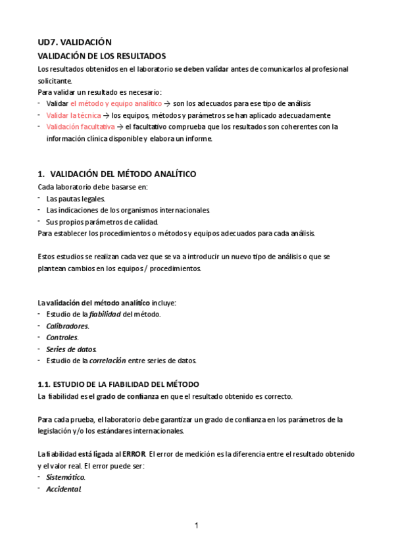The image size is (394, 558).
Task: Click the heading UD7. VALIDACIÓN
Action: click(x=75, y=41)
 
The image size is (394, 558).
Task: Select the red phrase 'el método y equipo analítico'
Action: click(x=116, y=103)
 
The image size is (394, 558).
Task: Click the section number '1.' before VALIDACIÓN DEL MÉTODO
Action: click(x=41, y=174)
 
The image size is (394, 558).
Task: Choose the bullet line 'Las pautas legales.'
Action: click(x=76, y=198)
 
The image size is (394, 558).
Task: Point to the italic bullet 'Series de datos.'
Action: click(x=71, y=349)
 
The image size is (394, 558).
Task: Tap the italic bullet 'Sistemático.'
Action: click(x=66, y=477)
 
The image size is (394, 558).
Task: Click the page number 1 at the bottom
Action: click(x=196, y=525)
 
